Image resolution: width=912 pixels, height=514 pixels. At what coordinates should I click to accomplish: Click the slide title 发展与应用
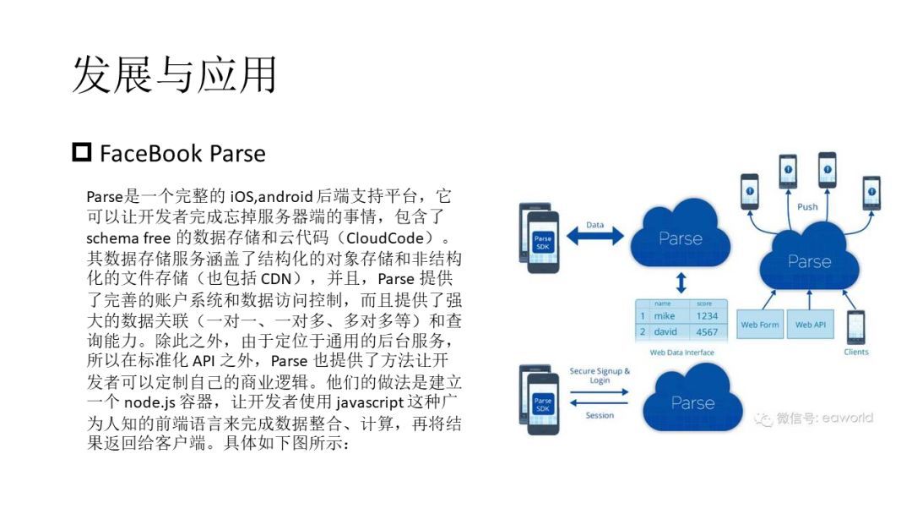(x=174, y=74)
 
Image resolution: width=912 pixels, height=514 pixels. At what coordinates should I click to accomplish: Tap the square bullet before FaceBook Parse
(x=81, y=152)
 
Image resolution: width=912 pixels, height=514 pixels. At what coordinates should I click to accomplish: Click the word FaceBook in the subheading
(x=151, y=154)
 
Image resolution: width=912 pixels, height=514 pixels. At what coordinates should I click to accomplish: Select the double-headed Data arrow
(x=595, y=236)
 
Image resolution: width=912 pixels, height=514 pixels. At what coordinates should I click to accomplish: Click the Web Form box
(x=760, y=325)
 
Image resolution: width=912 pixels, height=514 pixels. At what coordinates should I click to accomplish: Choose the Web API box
(x=810, y=325)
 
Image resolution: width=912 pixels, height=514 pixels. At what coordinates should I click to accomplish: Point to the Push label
(x=807, y=206)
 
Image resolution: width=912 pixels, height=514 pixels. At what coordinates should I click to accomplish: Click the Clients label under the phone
(x=856, y=352)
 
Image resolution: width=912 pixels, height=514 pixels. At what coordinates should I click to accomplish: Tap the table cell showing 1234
(x=707, y=315)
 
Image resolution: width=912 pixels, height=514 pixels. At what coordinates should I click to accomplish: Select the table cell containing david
(x=665, y=331)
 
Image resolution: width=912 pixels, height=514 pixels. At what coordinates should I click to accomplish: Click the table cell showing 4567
(x=707, y=331)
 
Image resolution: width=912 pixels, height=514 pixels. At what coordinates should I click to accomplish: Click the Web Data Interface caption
(x=681, y=353)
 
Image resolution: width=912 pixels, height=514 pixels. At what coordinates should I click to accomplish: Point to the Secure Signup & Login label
(x=600, y=375)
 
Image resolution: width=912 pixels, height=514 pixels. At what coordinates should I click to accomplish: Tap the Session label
(x=600, y=415)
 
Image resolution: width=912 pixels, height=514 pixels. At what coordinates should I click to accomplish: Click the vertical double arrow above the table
(x=681, y=283)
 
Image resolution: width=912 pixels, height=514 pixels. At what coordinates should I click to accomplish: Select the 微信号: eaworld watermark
(x=814, y=418)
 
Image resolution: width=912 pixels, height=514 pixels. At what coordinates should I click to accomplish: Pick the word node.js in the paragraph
(x=149, y=402)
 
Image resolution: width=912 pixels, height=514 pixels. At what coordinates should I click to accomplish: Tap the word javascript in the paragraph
(x=370, y=402)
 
